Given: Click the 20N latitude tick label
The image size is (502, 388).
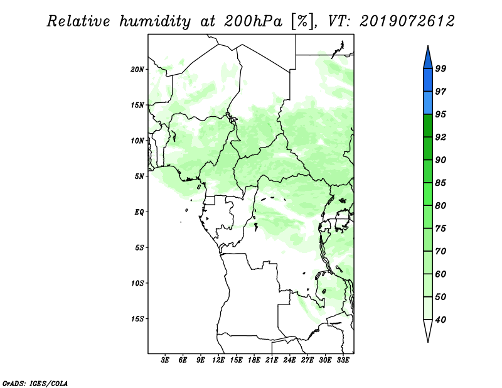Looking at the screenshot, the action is [x=137, y=70].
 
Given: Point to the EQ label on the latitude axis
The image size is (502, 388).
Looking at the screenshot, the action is [x=139, y=212].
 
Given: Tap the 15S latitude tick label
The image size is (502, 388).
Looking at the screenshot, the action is [x=137, y=319].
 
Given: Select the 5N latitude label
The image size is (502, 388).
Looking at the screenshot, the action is [x=139, y=176].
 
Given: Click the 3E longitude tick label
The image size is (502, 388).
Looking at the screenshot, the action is [x=165, y=360].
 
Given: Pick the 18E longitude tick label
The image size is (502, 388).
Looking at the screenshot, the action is [x=254, y=360].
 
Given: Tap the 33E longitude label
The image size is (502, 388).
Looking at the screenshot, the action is [x=343, y=360].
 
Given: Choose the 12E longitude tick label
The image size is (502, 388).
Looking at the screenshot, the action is [x=218, y=360].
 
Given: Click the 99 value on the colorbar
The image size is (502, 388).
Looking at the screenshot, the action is [x=441, y=68].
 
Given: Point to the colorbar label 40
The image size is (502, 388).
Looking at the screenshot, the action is [x=441, y=320].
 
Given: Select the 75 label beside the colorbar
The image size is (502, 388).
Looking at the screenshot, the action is [x=441, y=229].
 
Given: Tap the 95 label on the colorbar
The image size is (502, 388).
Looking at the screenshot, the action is [x=441, y=114].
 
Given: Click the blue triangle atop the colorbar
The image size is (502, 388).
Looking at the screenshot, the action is [x=428, y=60].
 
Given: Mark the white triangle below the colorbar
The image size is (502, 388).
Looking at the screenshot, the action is [x=428, y=329].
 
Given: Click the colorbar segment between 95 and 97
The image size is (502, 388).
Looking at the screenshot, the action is [x=428, y=103].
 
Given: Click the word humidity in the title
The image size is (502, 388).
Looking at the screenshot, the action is [x=155, y=21].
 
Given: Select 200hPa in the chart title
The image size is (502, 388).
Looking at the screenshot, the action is [x=254, y=21].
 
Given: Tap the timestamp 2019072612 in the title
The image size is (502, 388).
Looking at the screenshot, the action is [x=407, y=21].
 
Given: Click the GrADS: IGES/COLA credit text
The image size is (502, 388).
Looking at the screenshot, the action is [x=35, y=383].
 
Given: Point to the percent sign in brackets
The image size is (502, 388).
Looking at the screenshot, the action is [x=302, y=21].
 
